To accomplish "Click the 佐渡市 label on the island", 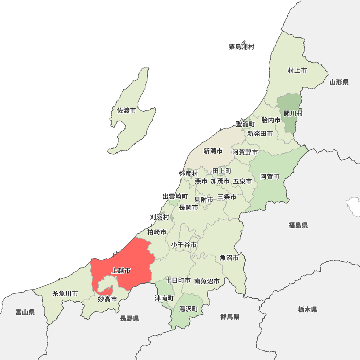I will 126,111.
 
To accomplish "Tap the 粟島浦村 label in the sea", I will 241,47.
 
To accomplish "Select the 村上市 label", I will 297,71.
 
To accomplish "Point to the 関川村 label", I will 293,113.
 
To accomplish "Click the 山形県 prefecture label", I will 339,82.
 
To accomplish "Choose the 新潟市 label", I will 213,151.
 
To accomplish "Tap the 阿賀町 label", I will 270,176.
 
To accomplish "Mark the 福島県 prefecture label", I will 298,225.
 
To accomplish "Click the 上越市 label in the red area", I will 121,270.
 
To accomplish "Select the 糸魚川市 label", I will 65,293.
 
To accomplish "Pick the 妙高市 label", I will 107,299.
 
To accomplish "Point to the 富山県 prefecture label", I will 25,312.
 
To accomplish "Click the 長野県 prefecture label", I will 130,318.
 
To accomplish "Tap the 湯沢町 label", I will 189,309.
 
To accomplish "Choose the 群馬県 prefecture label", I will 230,317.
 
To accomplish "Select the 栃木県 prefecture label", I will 307,309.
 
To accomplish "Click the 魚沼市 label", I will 229,258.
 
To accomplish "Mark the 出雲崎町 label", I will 175,197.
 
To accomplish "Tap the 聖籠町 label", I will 245,124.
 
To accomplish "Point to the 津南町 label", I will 164,298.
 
